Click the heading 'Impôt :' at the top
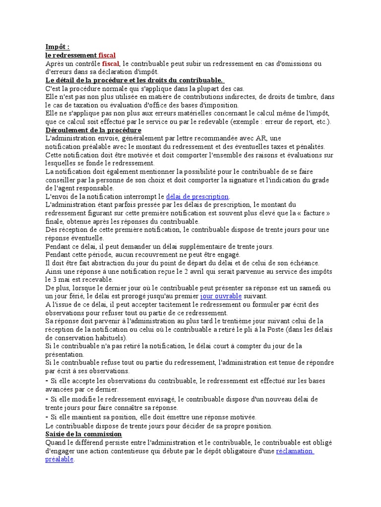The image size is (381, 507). pyautogui.click(x=58, y=47)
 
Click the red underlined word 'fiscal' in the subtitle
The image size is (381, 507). pyautogui.click(x=107, y=55)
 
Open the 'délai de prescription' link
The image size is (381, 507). pyautogui.click(x=197, y=197)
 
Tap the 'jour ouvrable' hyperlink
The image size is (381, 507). pyautogui.click(x=221, y=296)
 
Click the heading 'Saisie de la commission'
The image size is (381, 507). pyautogui.click(x=83, y=434)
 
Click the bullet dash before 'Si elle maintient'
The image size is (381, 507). pyautogui.click(x=47, y=417)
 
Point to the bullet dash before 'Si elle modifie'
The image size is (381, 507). pyautogui.click(x=47, y=399)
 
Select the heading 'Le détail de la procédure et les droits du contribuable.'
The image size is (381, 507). pyautogui.click(x=134, y=80)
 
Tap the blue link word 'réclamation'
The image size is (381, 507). pyautogui.click(x=294, y=451)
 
